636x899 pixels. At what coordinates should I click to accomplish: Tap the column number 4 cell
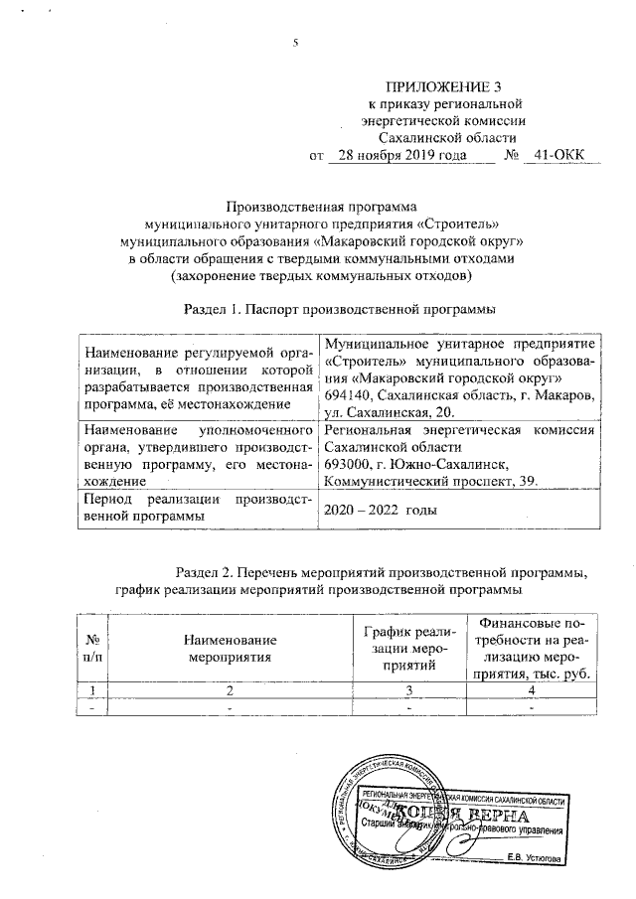point(531,690)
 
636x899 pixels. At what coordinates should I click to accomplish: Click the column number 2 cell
point(228,690)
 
